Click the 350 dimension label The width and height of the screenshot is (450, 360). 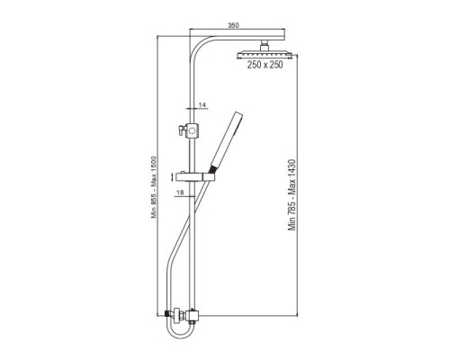(x=233, y=25)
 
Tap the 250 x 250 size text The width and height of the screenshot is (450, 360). (x=265, y=65)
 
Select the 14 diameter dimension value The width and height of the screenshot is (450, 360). (x=202, y=104)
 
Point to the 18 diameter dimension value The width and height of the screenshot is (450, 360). (x=180, y=193)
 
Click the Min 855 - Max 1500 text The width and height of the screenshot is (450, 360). (x=154, y=187)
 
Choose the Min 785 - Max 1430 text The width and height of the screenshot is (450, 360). (x=292, y=195)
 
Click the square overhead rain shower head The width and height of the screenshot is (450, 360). (x=265, y=55)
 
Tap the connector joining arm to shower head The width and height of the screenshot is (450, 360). (x=265, y=46)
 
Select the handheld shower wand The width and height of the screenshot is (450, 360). (x=227, y=141)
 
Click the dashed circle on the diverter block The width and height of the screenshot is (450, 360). (x=192, y=130)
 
